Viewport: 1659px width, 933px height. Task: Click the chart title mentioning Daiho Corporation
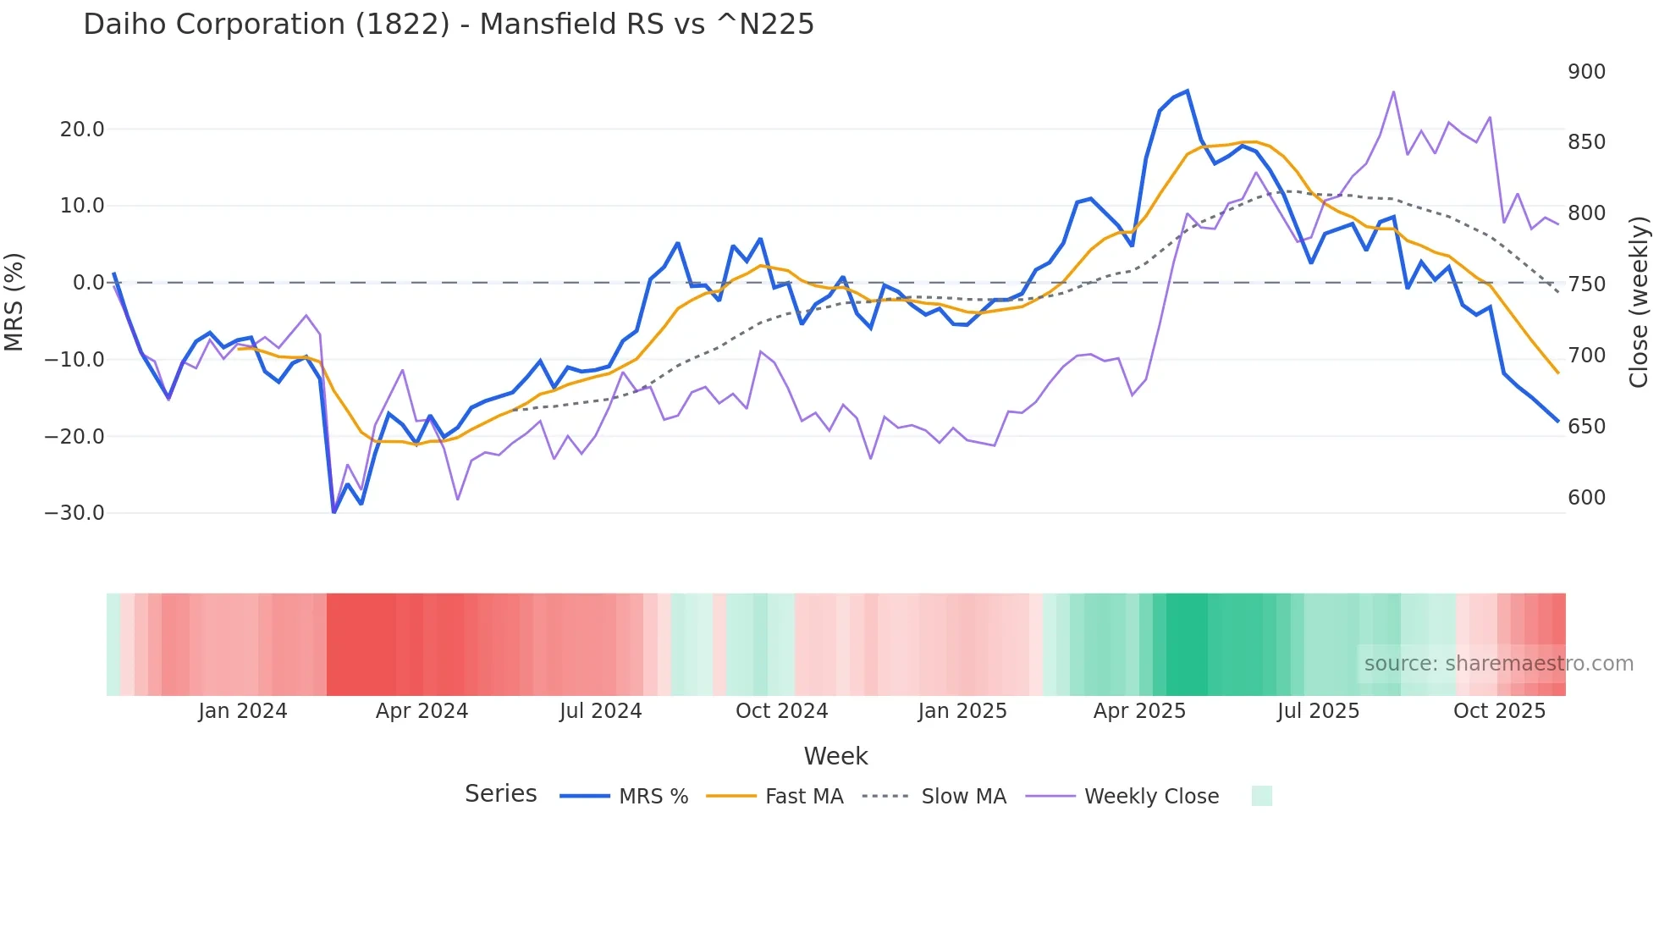[449, 25]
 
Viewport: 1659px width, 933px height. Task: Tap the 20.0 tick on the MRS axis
[82, 130]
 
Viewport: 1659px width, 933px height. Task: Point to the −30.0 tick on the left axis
[74, 513]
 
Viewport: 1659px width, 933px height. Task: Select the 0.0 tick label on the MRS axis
[88, 283]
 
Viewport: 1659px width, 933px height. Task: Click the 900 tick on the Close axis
[1586, 72]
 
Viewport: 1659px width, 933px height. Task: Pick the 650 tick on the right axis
[1586, 427]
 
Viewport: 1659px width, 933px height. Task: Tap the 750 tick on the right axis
[1586, 284]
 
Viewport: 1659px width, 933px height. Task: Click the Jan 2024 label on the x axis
[243, 711]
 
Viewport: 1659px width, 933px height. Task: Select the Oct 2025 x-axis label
[1499, 711]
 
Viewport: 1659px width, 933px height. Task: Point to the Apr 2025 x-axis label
[1139, 711]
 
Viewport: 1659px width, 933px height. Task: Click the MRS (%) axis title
[14, 302]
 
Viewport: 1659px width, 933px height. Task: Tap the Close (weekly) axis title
[1639, 302]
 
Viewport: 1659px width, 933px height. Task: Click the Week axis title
[835, 756]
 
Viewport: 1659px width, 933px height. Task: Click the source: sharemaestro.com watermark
[1498, 664]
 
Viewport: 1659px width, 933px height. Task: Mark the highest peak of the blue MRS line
[1187, 91]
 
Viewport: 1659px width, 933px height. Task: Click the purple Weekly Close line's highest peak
[1393, 91]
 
